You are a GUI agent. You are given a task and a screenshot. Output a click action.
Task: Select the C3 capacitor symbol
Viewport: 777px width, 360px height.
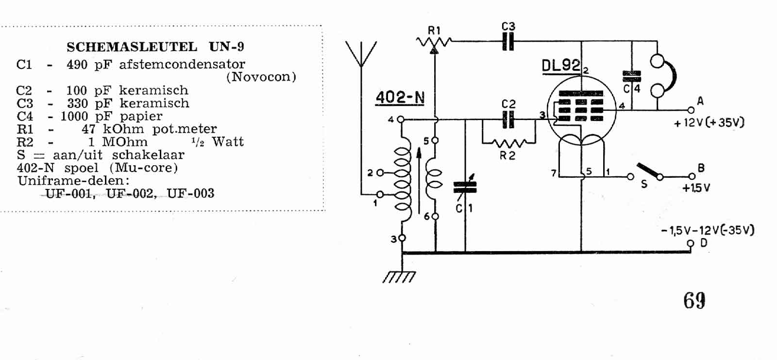coord(508,41)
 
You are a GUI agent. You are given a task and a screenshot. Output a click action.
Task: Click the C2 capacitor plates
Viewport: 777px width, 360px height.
coord(508,120)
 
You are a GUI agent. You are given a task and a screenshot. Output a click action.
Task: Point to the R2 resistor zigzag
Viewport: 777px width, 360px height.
coord(509,142)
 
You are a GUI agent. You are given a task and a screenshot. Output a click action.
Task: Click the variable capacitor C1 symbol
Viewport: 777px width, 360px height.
coord(465,187)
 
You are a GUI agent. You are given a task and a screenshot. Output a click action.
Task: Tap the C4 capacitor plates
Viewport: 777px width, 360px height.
coord(632,76)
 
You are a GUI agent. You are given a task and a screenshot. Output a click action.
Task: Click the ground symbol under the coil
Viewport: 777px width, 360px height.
coord(399,277)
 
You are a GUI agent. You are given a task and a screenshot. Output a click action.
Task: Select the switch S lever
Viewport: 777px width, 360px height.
coord(648,171)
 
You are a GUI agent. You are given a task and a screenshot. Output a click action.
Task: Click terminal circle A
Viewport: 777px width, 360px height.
coord(691,110)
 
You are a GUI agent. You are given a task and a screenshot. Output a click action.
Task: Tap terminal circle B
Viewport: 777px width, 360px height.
coord(692,176)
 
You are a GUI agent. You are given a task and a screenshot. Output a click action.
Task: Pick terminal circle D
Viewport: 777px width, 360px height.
coord(691,243)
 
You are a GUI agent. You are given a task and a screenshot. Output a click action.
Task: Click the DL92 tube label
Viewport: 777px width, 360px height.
coord(561,66)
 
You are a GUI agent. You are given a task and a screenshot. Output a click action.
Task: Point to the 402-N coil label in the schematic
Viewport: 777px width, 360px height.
coord(400,97)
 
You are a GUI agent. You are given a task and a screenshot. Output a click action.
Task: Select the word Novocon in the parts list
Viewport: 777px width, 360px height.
coord(261,77)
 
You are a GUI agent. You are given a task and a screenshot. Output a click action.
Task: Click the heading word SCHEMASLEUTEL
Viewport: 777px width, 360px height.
coord(132,47)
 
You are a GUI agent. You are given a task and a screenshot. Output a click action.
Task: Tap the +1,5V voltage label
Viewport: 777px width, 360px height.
coord(696,188)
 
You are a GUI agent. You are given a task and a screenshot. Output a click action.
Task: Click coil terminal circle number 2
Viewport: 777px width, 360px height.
coord(380,172)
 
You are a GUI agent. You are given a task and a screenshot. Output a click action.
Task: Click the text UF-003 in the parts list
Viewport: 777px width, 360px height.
coord(190,193)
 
